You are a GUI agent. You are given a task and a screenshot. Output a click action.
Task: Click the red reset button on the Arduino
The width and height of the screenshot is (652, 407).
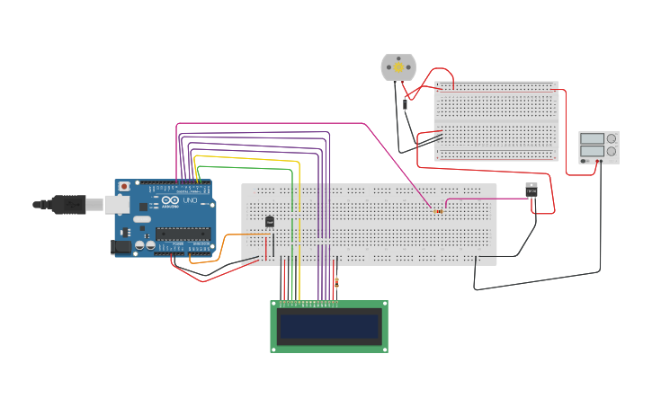coord(123,186)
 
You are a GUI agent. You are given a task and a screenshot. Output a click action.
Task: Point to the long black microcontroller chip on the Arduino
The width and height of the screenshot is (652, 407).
coord(183,234)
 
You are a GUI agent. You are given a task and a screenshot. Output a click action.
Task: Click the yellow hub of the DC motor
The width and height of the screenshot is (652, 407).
coord(398,67)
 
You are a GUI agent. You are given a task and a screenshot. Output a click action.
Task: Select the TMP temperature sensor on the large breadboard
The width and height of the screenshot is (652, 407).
coord(270,221)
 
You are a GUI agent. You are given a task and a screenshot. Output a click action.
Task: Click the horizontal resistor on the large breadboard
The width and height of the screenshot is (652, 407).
coord(438,211)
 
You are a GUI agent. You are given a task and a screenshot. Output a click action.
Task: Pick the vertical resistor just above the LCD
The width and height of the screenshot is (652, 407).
coord(336,283)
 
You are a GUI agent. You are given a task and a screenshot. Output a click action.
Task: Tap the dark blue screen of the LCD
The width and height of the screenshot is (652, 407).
coord(329,326)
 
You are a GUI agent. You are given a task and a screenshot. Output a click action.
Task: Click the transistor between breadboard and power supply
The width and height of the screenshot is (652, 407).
coord(531,190)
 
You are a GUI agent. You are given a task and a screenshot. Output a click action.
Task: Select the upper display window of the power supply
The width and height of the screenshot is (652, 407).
coord(592,138)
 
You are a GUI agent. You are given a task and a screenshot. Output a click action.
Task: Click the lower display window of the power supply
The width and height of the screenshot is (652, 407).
coord(592,151)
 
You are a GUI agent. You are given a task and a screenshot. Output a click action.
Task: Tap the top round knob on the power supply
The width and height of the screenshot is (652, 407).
coord(612,138)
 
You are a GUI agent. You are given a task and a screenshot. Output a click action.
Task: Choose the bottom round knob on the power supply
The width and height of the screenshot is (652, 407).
coord(612,151)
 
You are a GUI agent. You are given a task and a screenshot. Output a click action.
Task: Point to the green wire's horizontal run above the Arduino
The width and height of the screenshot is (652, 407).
coord(243,167)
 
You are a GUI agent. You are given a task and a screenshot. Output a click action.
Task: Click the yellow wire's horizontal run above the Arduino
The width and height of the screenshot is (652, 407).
coord(243,157)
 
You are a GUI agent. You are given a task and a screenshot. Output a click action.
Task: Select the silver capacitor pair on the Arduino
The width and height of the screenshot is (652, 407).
coord(144,244)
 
